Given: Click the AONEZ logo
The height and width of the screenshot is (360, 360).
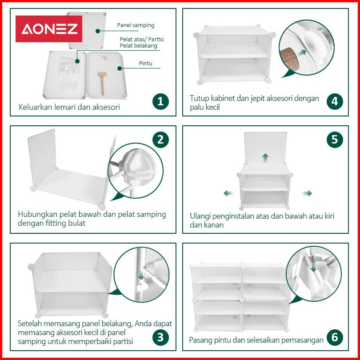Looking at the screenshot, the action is point(49,29).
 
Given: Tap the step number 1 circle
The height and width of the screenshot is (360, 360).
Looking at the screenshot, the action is point(160,101).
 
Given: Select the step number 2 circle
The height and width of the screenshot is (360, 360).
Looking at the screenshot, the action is point(160,140).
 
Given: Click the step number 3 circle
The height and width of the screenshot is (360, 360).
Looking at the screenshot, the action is point(160,337).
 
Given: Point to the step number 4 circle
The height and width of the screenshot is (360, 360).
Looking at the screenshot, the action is point(335,101).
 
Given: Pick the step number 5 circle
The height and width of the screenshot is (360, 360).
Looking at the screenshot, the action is point(335,140).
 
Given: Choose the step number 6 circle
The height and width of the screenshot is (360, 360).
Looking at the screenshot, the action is point(335,337).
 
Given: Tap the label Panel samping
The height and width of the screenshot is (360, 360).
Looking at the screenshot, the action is point(136,25).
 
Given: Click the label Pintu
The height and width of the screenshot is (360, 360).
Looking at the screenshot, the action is point(146,64).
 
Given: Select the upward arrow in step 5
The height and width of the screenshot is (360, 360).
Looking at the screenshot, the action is point(265,158).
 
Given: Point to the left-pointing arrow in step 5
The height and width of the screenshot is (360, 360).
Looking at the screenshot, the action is point(228,193).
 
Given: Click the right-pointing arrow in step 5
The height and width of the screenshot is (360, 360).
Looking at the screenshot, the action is point(307,193).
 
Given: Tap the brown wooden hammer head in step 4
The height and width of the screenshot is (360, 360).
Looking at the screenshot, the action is point(289,59).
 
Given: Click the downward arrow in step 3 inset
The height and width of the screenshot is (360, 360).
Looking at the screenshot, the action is point(141,275).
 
